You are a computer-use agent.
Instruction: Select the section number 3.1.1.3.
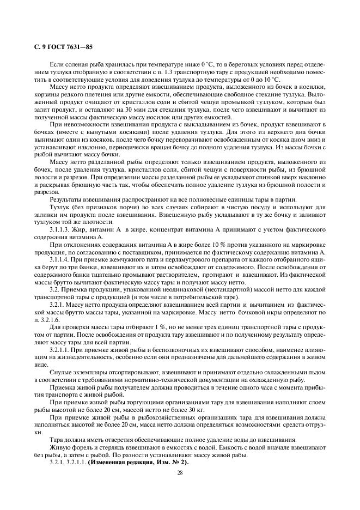click(x=63, y=230)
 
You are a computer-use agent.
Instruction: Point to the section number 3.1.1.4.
click(x=63, y=261)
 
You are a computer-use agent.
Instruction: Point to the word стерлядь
click(x=102, y=444)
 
